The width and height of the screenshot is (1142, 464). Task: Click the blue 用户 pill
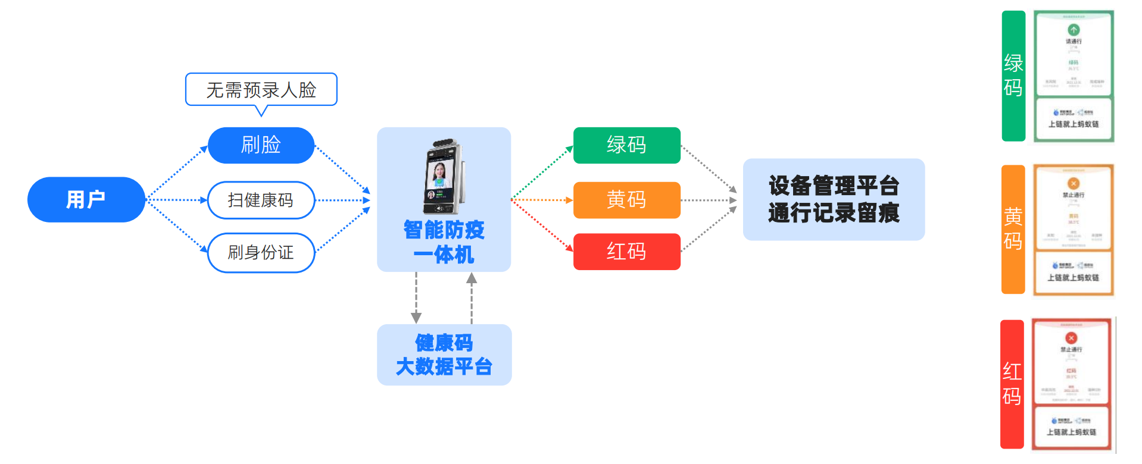pos(86,199)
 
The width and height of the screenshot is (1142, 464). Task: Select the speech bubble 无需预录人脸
pos(261,89)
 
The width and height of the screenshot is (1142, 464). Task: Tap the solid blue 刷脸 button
pos(261,145)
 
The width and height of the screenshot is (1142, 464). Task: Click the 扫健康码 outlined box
pos(261,200)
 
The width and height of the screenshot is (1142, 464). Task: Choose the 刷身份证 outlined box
pos(261,252)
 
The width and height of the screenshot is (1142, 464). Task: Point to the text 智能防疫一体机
pos(444,242)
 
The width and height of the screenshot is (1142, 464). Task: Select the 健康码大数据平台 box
pos(444,355)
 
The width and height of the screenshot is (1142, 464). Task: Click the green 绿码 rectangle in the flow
pos(626,145)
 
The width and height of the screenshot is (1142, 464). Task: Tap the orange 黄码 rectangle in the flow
pos(626,200)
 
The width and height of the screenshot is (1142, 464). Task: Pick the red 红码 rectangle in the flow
pos(626,252)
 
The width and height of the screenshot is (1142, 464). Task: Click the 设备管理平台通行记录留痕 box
pos(833,199)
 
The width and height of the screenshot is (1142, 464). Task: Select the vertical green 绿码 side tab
pos(1013,76)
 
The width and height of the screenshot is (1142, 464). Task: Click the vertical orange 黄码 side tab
pos(1012,229)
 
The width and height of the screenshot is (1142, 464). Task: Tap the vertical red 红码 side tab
pos(1012,384)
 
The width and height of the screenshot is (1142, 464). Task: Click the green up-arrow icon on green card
pos(1074,30)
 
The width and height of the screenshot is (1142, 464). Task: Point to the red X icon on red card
pos(1071,338)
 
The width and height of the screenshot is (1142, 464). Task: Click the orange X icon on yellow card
pos(1074,184)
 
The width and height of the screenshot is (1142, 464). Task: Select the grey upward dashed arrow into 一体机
pos(472,297)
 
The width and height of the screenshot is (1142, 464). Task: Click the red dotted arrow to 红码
pos(542,226)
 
